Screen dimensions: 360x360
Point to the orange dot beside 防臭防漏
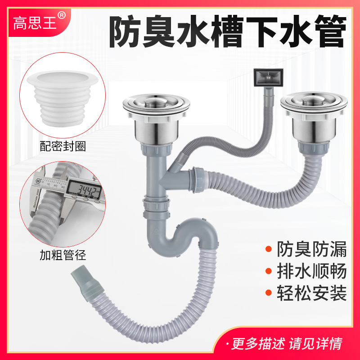click(269, 249)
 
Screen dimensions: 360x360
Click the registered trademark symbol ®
click(62, 15)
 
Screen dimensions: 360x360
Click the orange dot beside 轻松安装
click(269, 295)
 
